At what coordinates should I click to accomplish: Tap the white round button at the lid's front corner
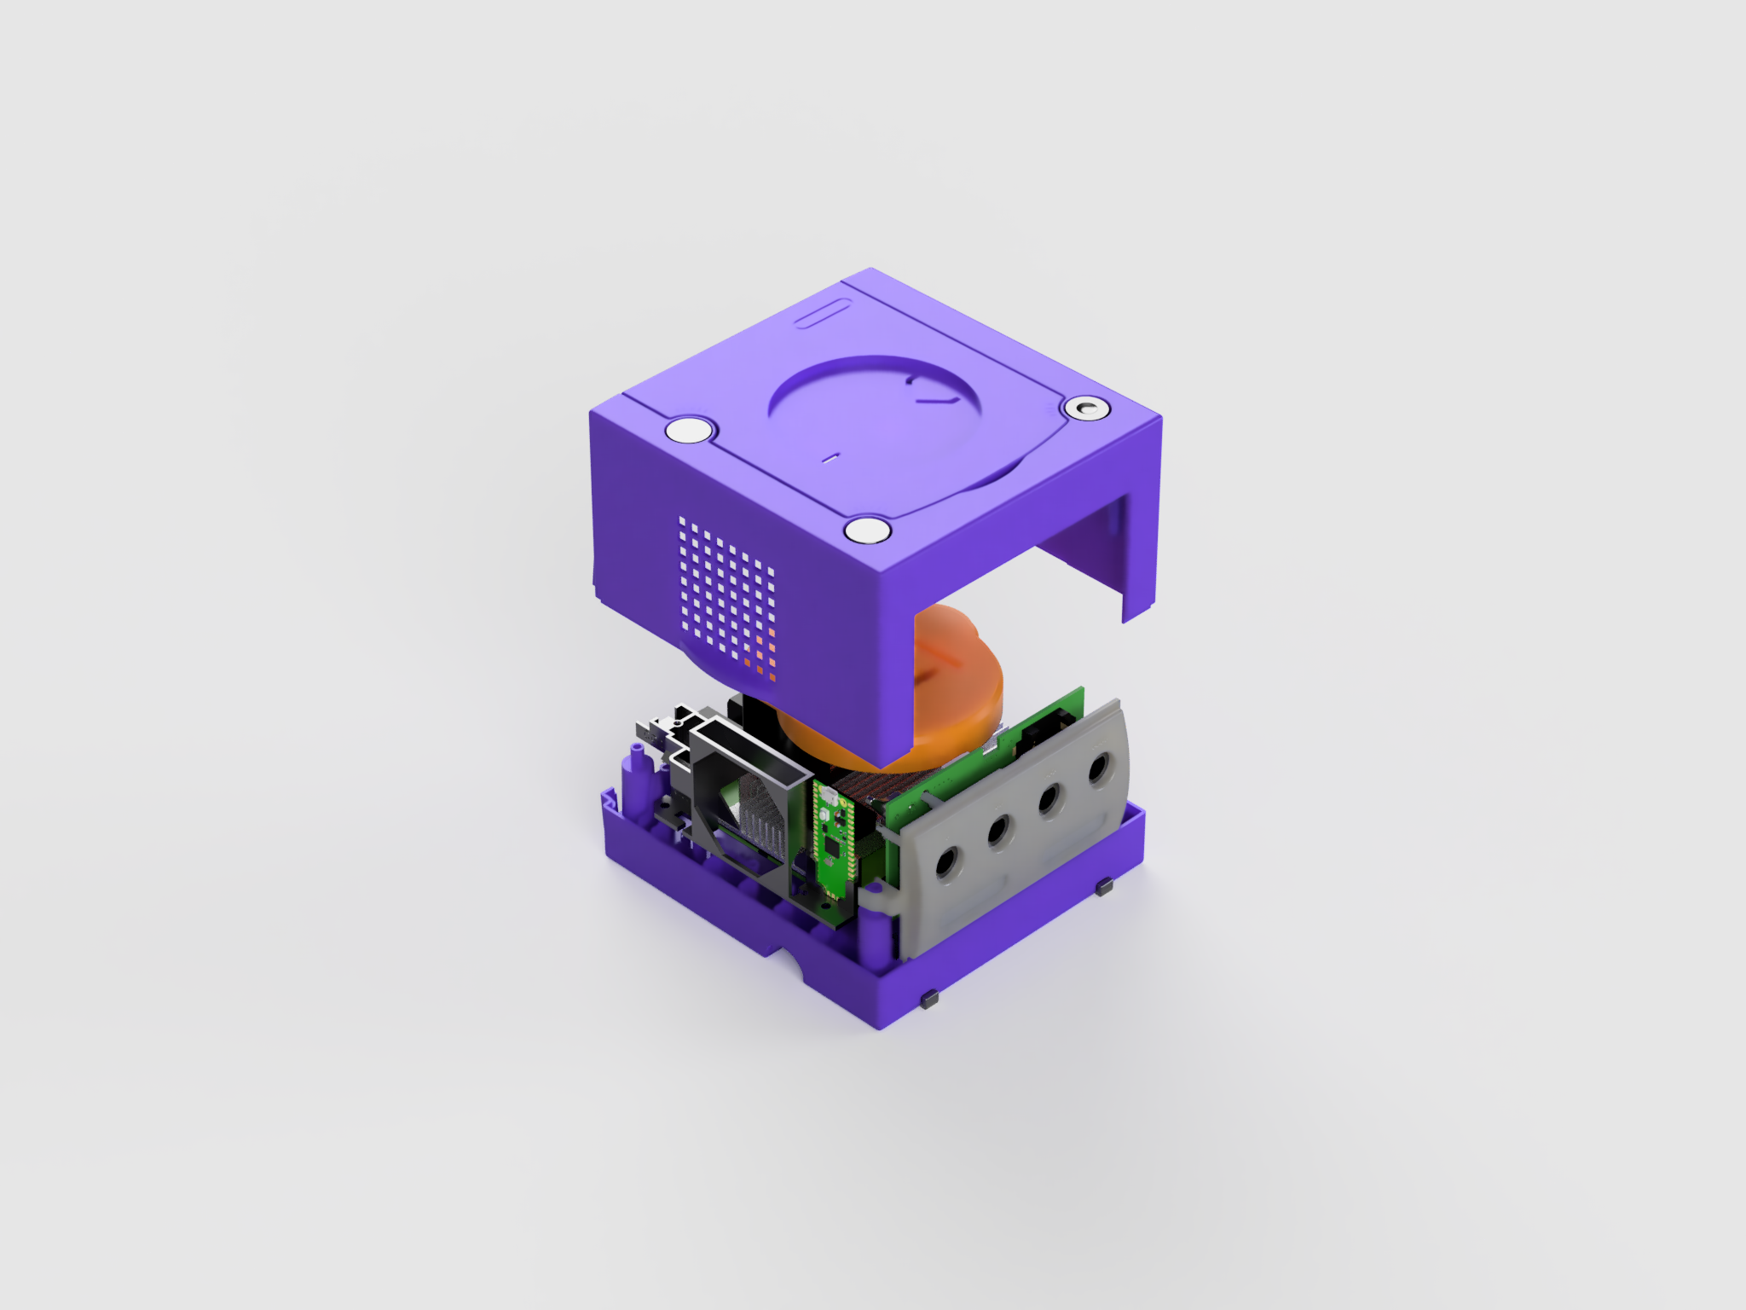867,530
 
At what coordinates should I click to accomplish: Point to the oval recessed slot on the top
824,313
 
